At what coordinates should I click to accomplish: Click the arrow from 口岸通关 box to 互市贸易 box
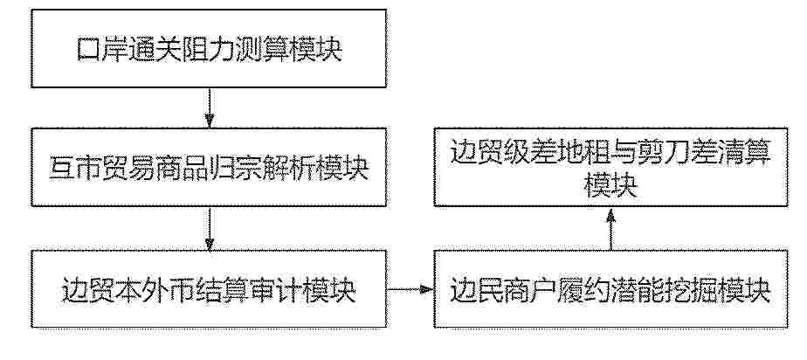coord(209,108)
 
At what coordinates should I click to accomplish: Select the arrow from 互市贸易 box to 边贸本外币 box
coord(209,229)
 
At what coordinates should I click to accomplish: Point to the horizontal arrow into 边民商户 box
coord(410,289)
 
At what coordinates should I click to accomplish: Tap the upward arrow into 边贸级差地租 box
coord(610,229)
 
